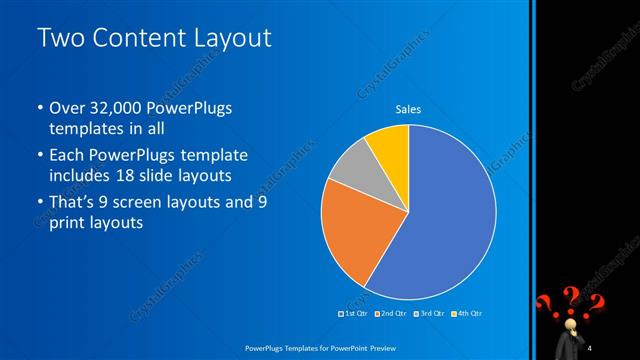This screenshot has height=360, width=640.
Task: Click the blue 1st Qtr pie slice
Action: coord(440,220)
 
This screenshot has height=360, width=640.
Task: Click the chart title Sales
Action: coord(408,109)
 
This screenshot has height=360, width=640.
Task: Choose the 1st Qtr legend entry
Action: coord(355,313)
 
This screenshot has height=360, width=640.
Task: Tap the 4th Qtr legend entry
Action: coord(469,313)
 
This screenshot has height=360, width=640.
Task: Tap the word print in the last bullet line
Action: coord(67,223)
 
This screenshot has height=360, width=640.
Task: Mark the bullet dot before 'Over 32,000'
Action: coord(39,108)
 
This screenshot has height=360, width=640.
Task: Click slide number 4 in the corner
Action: coord(591,347)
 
